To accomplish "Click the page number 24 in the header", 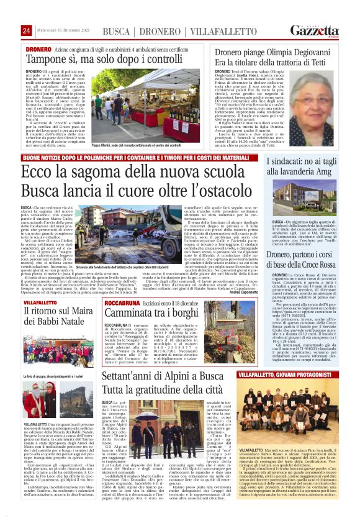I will pyautogui.click(x=27, y=31).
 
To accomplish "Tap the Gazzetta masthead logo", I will pyautogui.click(x=317, y=31).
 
